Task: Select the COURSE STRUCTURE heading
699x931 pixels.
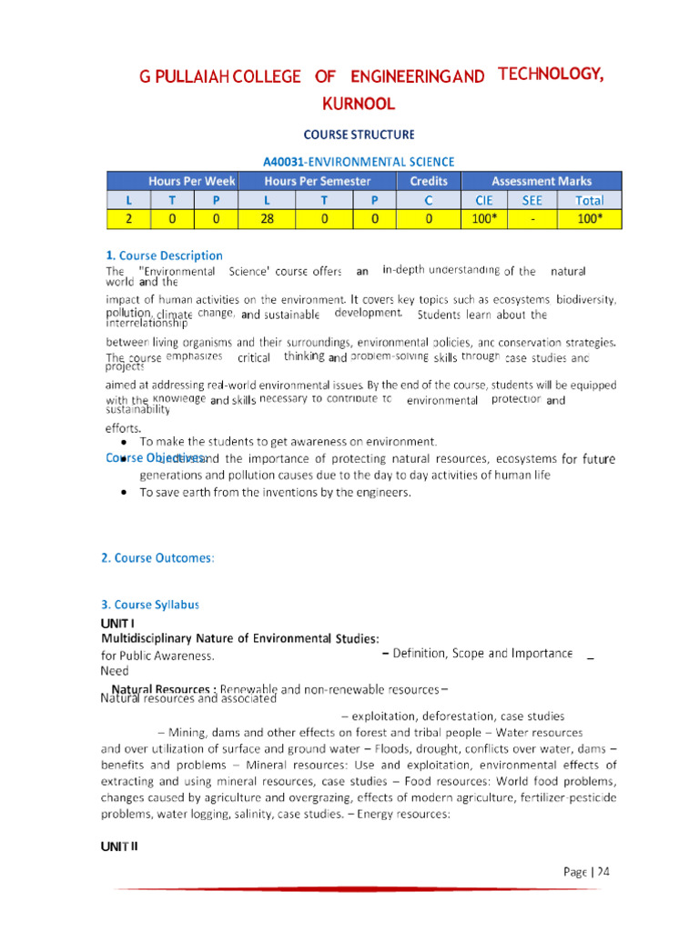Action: point(358,135)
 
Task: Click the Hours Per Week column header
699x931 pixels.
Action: point(192,181)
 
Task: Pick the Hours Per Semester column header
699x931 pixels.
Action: point(317,181)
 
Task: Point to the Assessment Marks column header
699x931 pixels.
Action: point(542,181)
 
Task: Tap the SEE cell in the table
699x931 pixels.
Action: point(532,200)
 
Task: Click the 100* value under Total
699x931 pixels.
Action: point(589,219)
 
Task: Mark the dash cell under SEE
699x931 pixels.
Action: point(532,219)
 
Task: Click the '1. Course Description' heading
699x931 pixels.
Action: point(164,255)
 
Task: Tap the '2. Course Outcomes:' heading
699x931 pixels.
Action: point(157,557)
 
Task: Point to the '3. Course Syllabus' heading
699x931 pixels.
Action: point(149,604)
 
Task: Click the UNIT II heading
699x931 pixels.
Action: point(119,846)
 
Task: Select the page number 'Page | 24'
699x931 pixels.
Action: point(585,871)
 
